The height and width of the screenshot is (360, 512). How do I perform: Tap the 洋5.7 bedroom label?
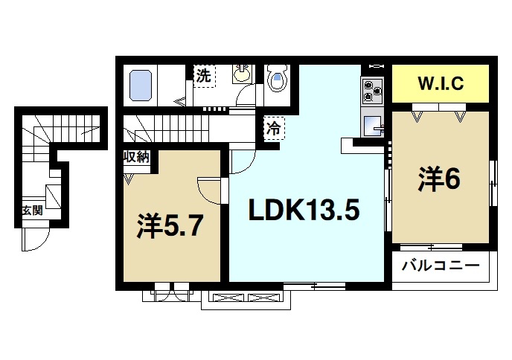pyautogui.click(x=170, y=226)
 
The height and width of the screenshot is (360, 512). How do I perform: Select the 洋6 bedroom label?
pyautogui.click(x=439, y=179)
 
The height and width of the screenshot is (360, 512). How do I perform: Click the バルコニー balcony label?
pyautogui.click(x=440, y=266)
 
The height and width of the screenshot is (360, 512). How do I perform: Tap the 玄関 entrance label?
pyautogui.click(x=32, y=210)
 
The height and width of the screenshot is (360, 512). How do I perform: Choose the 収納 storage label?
pyautogui.click(x=137, y=157)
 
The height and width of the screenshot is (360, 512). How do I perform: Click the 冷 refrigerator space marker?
pyautogui.click(x=274, y=127)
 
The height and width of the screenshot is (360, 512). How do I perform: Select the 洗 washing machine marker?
pyautogui.click(x=203, y=74)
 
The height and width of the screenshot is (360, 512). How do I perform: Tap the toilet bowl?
pyautogui.click(x=277, y=80)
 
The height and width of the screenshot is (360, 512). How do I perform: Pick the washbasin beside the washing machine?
pyautogui.click(x=243, y=74)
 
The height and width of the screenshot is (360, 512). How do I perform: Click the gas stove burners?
pyautogui.click(x=372, y=91)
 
